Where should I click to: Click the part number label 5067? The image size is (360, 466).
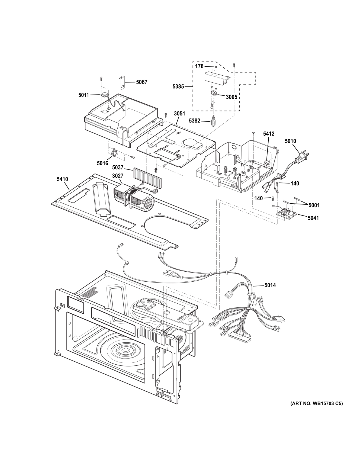click(142, 82)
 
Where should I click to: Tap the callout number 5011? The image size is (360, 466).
click(84, 95)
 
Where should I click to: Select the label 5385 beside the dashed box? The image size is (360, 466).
click(178, 87)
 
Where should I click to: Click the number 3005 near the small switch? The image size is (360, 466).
click(232, 97)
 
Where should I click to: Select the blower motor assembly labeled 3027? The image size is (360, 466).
click(133, 194)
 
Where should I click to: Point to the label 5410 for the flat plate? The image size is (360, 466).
click(62, 179)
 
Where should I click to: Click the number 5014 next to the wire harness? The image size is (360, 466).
click(270, 285)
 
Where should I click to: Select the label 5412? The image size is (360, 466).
click(269, 134)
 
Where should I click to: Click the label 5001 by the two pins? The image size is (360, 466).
click(314, 205)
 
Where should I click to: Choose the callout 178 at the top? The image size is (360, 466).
click(199, 66)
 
